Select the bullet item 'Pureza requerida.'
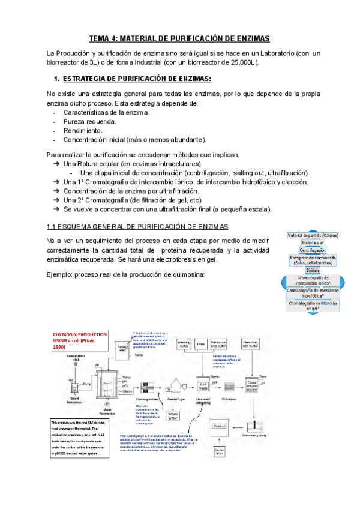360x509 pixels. tap(85, 121)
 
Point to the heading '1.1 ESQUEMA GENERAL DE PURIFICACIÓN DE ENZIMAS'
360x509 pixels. tap(137, 226)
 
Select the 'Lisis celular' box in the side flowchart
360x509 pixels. tap(313, 242)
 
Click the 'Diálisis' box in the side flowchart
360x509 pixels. tap(313, 271)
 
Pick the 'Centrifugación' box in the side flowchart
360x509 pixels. tap(313, 250)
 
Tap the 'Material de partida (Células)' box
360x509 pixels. tap(313, 235)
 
